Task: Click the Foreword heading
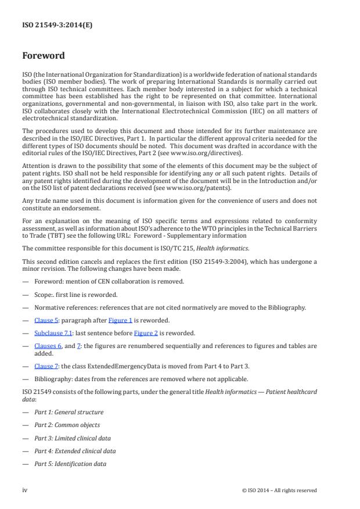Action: pyautogui.click(x=44, y=56)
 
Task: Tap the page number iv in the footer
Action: pyautogui.click(x=25, y=490)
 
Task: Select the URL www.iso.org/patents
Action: pyautogui.click(x=188, y=188)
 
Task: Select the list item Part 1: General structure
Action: pyautogui.click(x=69, y=412)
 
